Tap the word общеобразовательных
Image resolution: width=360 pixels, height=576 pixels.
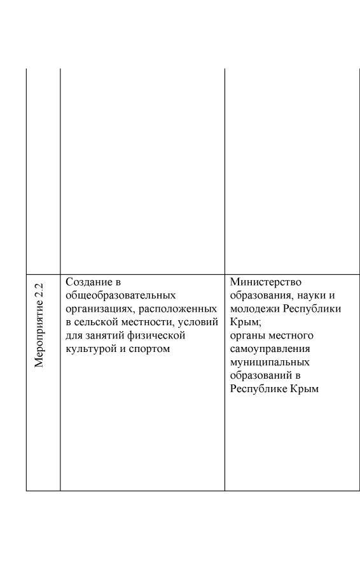tap(120, 295)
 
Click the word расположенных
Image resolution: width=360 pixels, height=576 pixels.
tap(183, 309)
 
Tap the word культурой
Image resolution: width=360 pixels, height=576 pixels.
tap(90, 349)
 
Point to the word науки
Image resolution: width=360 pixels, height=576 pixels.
tap(313, 295)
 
